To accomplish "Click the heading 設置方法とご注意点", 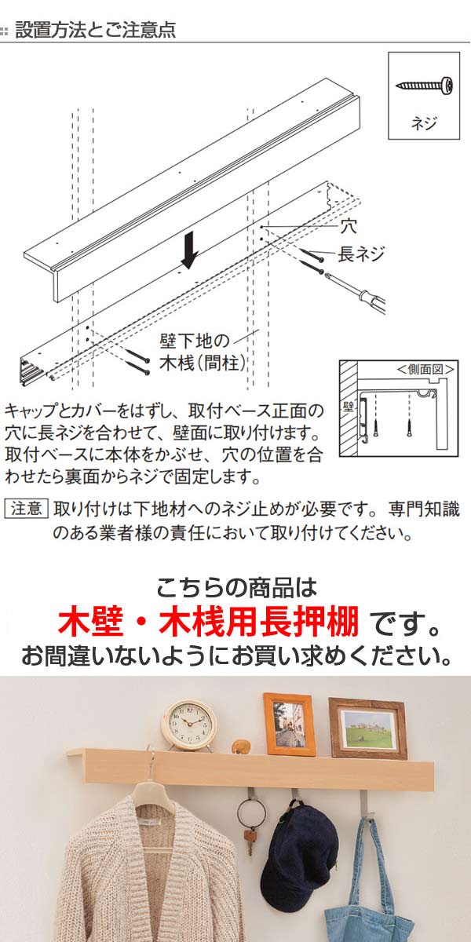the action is [x=95, y=30].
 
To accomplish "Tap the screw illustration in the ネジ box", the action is [x=425, y=86].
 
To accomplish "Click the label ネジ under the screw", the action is [x=424, y=123].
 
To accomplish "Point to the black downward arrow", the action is [x=190, y=250].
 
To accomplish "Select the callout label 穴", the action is [x=349, y=226].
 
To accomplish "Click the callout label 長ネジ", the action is [x=361, y=254].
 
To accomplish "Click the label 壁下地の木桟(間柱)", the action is [x=202, y=352].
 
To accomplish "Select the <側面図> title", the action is [x=425, y=369].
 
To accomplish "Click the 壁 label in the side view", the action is [x=349, y=407].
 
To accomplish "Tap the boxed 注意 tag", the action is [x=26, y=509].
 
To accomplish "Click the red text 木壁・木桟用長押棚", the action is [x=208, y=621].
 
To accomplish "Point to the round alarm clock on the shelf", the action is [x=189, y=725].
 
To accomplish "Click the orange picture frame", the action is [x=290, y=724].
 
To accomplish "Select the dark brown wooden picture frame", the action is [x=367, y=728].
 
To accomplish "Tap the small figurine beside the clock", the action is [x=242, y=747].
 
